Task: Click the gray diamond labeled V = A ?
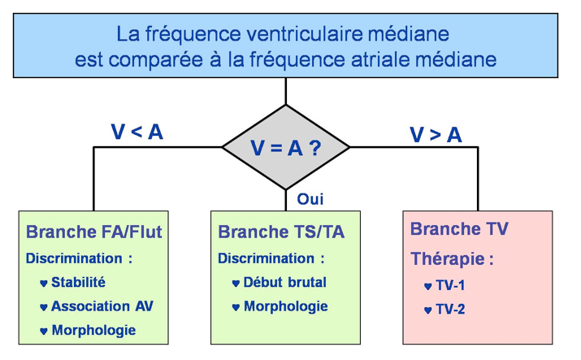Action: click(285, 148)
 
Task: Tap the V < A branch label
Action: click(136, 132)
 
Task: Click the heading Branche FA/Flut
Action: click(94, 232)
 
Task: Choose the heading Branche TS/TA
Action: click(281, 232)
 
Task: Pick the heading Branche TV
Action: click(460, 229)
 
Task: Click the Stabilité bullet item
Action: click(78, 284)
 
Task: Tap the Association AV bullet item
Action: click(102, 306)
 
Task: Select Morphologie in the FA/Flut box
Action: click(93, 330)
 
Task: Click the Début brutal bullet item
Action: click(284, 283)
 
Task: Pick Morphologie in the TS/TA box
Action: click(285, 306)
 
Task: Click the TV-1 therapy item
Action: click(449, 286)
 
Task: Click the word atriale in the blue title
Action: click(390, 59)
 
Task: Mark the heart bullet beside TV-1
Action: click(427, 287)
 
